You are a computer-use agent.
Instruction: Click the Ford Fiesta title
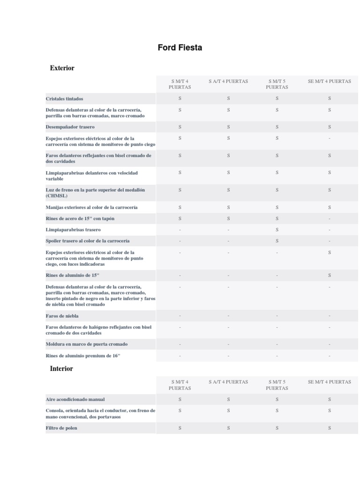180,48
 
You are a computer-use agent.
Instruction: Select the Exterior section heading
62,68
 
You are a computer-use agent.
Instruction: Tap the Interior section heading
61,369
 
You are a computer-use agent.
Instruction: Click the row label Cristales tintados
65,99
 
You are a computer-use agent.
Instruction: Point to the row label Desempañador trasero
69,127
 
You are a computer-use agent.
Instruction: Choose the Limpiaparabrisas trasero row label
73,230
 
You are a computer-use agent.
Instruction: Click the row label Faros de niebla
62,316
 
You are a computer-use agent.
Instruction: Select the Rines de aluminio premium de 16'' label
83,356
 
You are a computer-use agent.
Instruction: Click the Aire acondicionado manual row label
75,399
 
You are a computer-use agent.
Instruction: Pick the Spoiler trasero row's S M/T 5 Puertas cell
277,241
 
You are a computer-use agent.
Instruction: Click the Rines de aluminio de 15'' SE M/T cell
330,275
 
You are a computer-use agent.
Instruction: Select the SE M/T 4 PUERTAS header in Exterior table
330,81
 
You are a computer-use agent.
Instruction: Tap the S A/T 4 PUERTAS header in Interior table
228,382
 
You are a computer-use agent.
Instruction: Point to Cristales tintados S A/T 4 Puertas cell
228,98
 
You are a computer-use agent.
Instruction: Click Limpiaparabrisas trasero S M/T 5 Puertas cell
277,230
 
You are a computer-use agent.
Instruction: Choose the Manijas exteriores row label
91,207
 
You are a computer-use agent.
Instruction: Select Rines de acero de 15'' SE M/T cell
330,218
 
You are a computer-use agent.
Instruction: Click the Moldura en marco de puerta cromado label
87,344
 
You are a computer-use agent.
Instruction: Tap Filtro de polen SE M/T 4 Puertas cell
330,428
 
